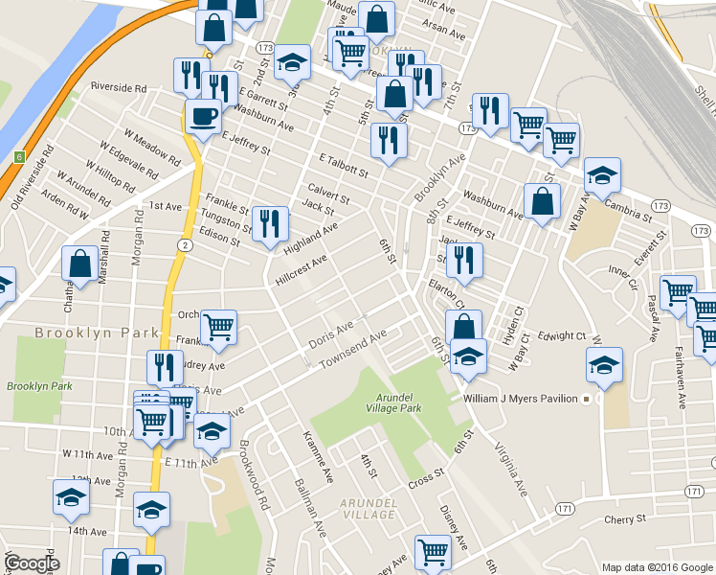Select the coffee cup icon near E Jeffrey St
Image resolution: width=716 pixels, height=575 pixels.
click(202, 118)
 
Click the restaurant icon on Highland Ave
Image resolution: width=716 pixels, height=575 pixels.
click(270, 224)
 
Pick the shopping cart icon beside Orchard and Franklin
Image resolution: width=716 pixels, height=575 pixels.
click(219, 328)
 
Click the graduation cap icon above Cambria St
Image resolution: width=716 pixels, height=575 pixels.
click(603, 175)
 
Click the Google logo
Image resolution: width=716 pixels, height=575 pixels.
click(32, 563)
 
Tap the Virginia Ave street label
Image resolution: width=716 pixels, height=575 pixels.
click(511, 469)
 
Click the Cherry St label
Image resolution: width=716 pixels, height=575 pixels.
click(626, 519)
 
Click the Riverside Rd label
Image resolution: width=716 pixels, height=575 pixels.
click(118, 86)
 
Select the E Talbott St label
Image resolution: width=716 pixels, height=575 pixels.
click(344, 164)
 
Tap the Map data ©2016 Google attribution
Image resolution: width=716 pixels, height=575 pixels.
click(657, 566)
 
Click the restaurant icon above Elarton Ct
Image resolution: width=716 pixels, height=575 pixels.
click(464, 260)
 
